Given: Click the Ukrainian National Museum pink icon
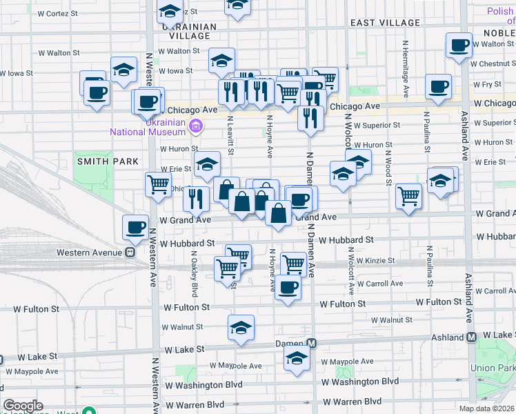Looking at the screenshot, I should (x=196, y=126).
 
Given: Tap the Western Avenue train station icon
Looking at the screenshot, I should (x=129, y=253).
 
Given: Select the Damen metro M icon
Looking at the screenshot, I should (x=312, y=343).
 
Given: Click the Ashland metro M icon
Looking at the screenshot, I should (x=472, y=337).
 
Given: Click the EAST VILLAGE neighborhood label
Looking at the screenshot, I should (x=385, y=23).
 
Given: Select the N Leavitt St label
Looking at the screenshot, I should (x=230, y=135).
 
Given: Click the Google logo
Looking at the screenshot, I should (x=23, y=406).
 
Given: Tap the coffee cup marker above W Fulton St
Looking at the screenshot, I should (x=288, y=287).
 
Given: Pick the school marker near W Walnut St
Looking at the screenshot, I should (x=241, y=327).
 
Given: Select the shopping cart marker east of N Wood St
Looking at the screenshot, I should (x=408, y=197).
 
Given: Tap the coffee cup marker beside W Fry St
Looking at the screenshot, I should (x=438, y=86).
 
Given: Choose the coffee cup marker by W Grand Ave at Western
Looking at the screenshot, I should (x=135, y=226).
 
